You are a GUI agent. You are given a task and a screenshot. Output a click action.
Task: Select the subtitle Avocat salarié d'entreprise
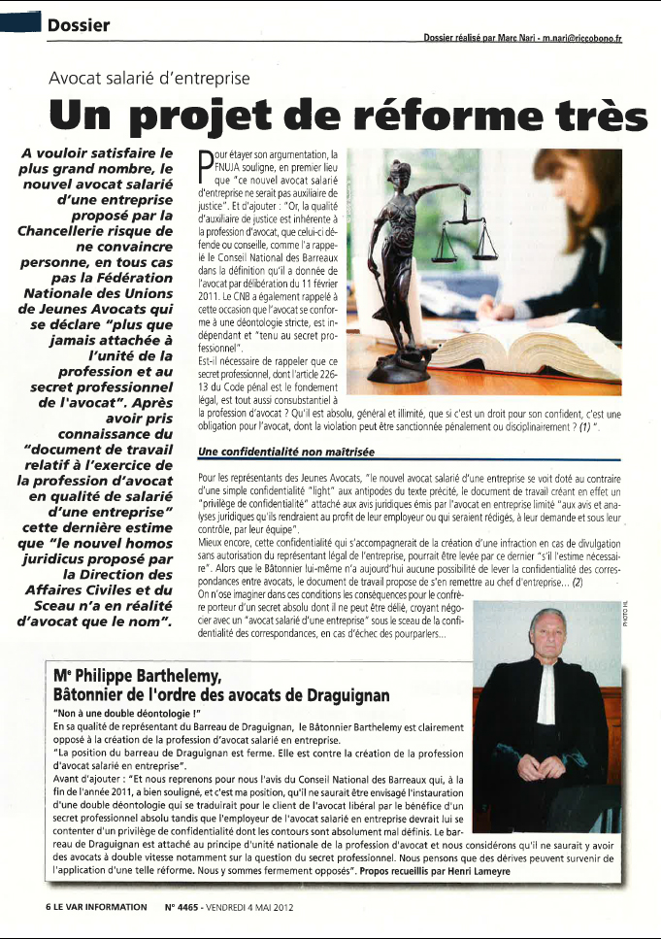pos(149,77)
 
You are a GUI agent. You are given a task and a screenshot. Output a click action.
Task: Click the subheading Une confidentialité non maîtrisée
pos(284,453)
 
